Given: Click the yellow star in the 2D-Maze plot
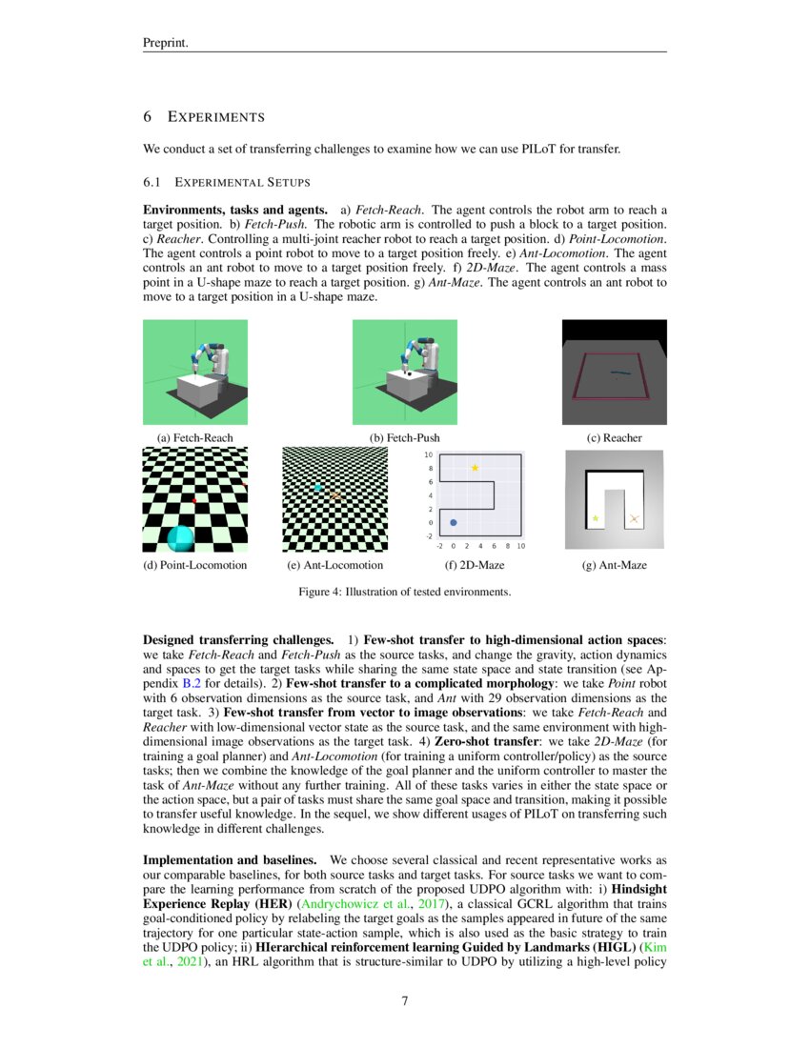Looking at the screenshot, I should click(x=474, y=468).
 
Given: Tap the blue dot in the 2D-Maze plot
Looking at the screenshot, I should click(x=454, y=523).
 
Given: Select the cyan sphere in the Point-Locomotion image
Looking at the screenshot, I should click(x=178, y=538).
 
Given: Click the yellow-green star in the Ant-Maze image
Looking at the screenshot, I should click(x=596, y=518).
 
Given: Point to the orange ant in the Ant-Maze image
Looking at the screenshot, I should click(x=635, y=518).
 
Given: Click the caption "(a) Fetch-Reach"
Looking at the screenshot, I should click(x=194, y=438).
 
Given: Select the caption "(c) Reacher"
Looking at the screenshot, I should click(x=614, y=438).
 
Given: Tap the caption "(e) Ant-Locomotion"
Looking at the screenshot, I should click(x=334, y=565).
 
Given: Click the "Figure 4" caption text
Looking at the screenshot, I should click(x=405, y=592).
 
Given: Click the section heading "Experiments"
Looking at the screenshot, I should click(x=215, y=117).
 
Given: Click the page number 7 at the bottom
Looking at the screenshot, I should click(x=405, y=1001).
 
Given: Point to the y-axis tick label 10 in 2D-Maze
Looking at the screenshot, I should click(x=429, y=455).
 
